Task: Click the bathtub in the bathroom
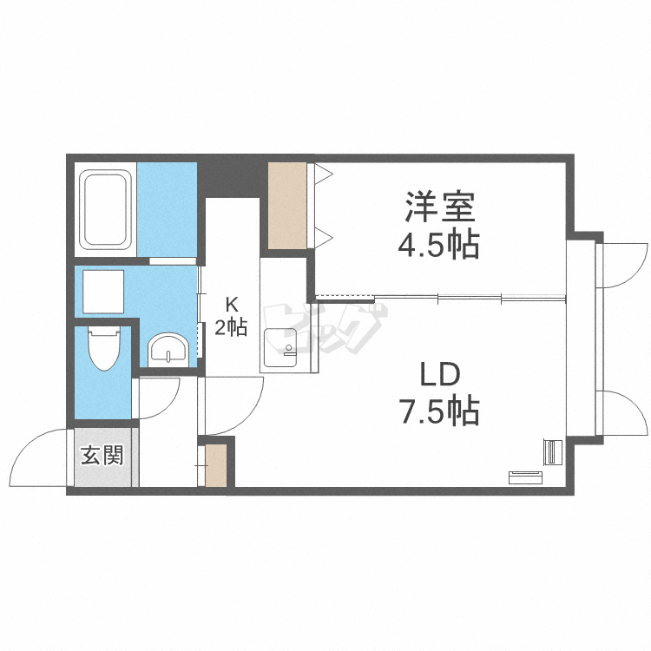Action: tap(105, 209)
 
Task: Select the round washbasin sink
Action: tap(168, 350)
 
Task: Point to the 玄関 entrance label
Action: tap(102, 456)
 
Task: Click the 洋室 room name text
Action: tap(440, 207)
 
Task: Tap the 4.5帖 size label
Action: tap(439, 245)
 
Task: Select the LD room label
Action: tap(440, 373)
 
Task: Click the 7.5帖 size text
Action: tap(440, 411)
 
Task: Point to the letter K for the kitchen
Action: tap(231, 305)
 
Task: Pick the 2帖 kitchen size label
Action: tap(231, 327)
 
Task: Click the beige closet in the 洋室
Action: tap(287, 206)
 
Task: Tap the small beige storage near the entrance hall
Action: tap(216, 465)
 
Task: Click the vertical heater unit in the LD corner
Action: tap(553, 452)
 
